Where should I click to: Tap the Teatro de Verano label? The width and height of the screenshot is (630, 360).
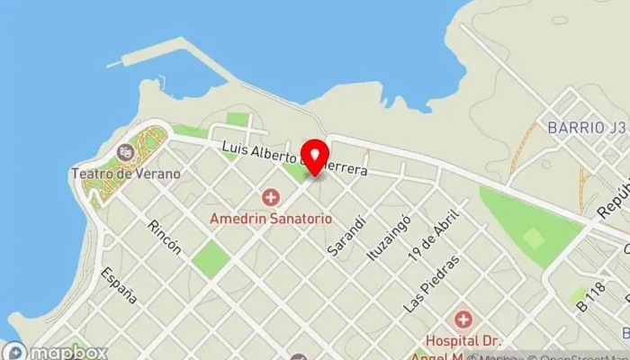(x=125, y=174)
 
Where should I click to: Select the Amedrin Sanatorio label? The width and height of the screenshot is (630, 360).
(x=270, y=219)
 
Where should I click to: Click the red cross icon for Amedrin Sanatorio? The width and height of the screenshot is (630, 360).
(x=270, y=197)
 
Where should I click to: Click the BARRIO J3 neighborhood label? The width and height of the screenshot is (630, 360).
(x=586, y=128)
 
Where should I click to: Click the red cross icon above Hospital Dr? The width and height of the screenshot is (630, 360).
(x=463, y=319)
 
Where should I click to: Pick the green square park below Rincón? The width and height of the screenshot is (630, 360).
(x=211, y=259)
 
